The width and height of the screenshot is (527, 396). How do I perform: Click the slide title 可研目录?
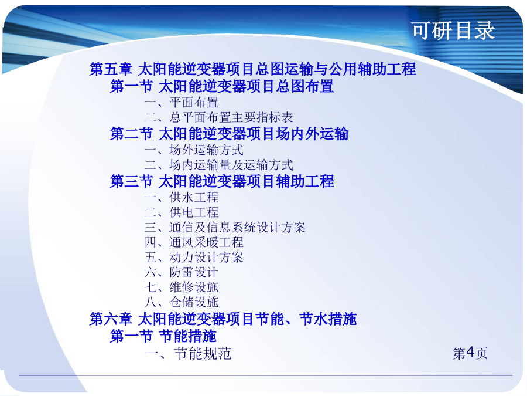tap(453, 31)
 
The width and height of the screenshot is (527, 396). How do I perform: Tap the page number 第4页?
tap(470, 353)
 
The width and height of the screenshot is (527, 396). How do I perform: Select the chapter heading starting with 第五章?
tap(253, 69)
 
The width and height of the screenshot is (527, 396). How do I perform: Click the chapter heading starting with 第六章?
tap(223, 319)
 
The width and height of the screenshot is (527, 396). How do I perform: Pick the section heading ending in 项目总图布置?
tap(222, 86)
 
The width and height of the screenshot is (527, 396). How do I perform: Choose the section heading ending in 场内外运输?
tap(229, 134)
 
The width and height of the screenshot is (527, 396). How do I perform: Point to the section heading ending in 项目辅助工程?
tap(222, 181)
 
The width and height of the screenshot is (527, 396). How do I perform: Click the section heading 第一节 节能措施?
tap(163, 336)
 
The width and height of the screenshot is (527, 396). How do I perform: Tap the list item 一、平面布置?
tap(182, 102)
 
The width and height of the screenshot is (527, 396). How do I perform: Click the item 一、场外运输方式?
tap(194, 150)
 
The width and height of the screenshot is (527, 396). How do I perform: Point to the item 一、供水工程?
tap(182, 197)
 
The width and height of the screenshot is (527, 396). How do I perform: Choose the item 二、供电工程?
tap(182, 212)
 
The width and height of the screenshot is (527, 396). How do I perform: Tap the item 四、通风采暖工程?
tap(194, 242)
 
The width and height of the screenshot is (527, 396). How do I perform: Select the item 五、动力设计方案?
tap(194, 258)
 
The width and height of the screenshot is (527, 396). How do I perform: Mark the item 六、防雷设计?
tap(182, 272)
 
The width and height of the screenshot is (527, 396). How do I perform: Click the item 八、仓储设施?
tap(182, 302)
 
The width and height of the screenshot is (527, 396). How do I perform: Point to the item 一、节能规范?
tap(188, 354)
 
